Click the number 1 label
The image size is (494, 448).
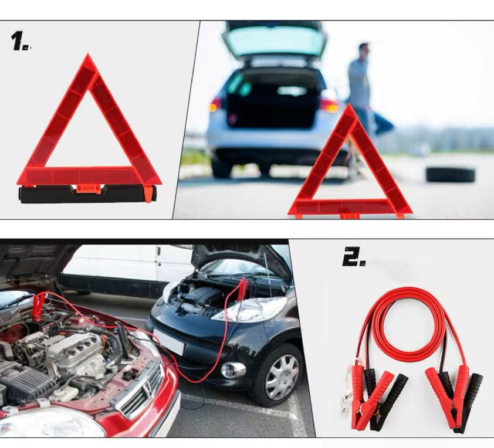coord(20,41)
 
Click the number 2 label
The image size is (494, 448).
coord(354,257)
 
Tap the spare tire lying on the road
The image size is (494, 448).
coord(450,174)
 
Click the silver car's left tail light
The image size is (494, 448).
coord(216,105)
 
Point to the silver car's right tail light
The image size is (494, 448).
coord(329,105)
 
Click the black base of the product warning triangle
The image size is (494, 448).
coord(87,194)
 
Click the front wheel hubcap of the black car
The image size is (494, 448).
coord(282,377)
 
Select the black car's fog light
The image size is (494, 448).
coord(233,370)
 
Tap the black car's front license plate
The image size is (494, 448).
coord(168,342)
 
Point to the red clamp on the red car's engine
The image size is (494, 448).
coord(38,306)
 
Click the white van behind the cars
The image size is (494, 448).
coord(126,271)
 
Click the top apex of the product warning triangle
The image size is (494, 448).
coord(88,55)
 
